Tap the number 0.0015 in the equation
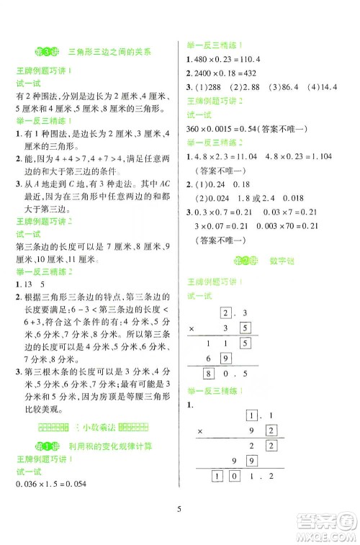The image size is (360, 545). pos(222,130)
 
